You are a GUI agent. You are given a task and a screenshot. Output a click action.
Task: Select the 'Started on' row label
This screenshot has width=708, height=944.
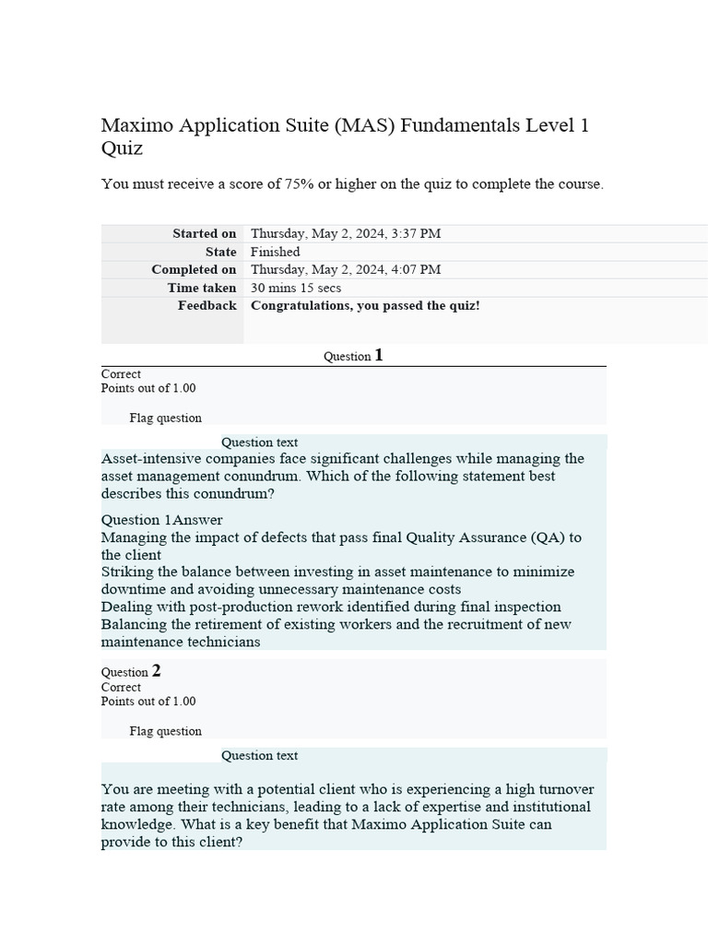point(204,234)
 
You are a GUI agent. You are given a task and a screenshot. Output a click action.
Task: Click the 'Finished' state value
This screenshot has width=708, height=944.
point(275,252)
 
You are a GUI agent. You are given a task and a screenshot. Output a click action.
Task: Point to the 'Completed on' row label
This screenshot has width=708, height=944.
point(194,270)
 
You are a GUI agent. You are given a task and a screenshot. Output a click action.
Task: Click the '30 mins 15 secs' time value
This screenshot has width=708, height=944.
point(296,288)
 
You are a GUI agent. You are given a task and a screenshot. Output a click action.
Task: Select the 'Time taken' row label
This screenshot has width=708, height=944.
point(201,288)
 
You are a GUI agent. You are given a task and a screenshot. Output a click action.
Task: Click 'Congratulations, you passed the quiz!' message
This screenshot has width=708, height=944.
point(365,305)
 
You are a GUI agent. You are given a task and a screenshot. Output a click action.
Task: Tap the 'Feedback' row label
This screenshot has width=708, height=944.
point(206,305)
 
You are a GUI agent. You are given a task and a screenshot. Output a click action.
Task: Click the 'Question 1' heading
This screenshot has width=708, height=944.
point(353,356)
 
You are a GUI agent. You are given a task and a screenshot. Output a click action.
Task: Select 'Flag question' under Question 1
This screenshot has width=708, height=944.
point(165,419)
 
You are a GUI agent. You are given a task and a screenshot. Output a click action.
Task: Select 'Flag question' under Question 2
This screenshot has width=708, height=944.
point(165,732)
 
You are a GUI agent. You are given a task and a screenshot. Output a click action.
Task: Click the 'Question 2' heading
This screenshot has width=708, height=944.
point(131,672)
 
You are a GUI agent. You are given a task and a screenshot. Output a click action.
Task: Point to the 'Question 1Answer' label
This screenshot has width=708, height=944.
point(161,520)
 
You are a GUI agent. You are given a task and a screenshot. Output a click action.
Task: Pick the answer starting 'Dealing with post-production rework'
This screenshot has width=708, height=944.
point(330,607)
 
